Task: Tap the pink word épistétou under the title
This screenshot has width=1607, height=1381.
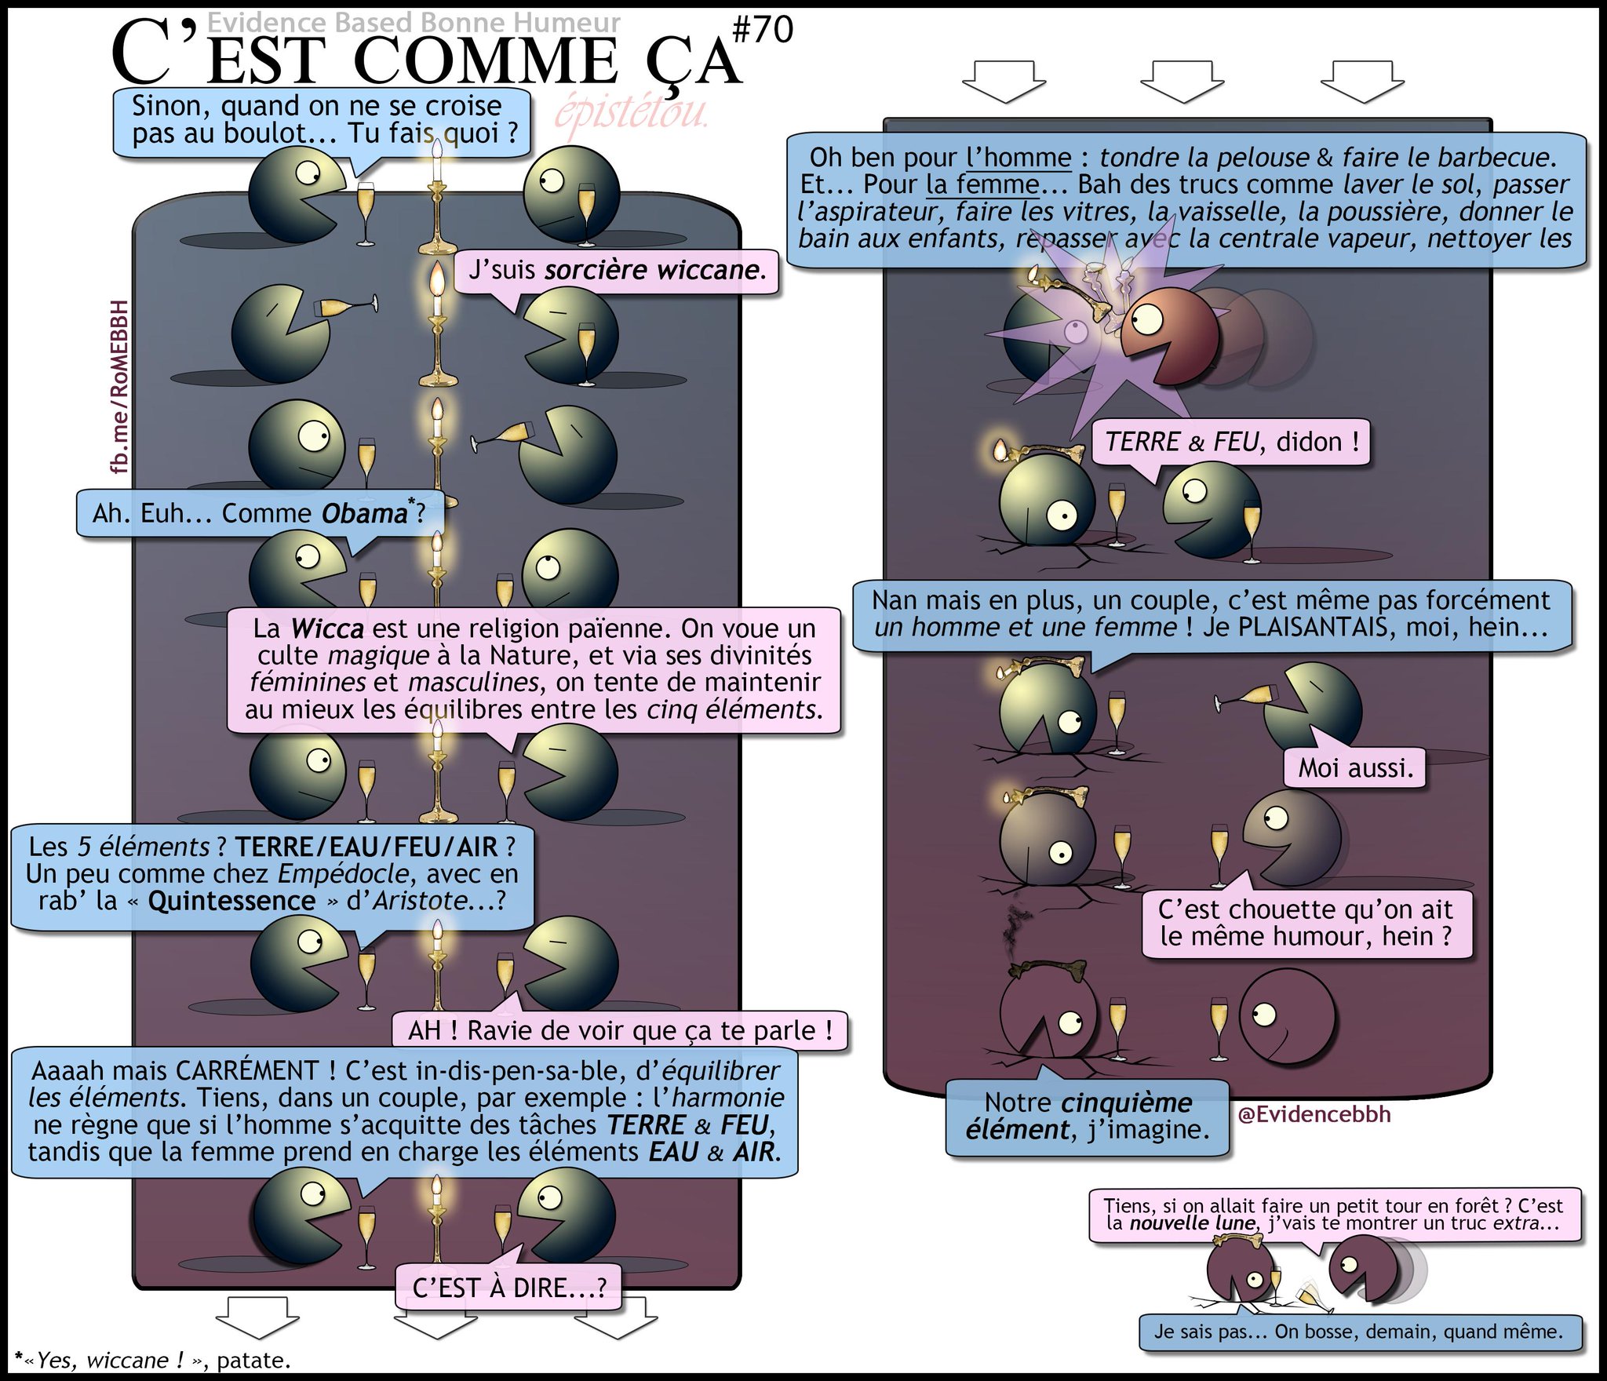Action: [x=632, y=113]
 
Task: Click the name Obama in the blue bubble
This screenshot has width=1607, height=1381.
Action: [x=364, y=514]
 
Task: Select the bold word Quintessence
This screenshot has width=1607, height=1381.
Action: [x=231, y=901]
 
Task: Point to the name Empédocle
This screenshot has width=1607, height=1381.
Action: [x=343, y=874]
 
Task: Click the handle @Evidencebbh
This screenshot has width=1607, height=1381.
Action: [x=1314, y=1114]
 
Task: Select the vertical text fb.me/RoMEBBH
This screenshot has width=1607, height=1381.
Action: [x=118, y=387]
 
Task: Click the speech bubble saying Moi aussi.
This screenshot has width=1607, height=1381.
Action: [x=1355, y=767]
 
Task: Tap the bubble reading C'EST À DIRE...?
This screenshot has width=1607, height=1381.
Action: [x=508, y=1288]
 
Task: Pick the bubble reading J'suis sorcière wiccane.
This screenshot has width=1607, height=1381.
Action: [x=617, y=271]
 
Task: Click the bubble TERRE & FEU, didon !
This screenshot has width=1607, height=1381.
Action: [x=1231, y=443]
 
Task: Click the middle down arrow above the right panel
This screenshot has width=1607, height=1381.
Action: [x=1181, y=82]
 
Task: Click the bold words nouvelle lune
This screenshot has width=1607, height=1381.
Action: [x=1192, y=1223]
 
